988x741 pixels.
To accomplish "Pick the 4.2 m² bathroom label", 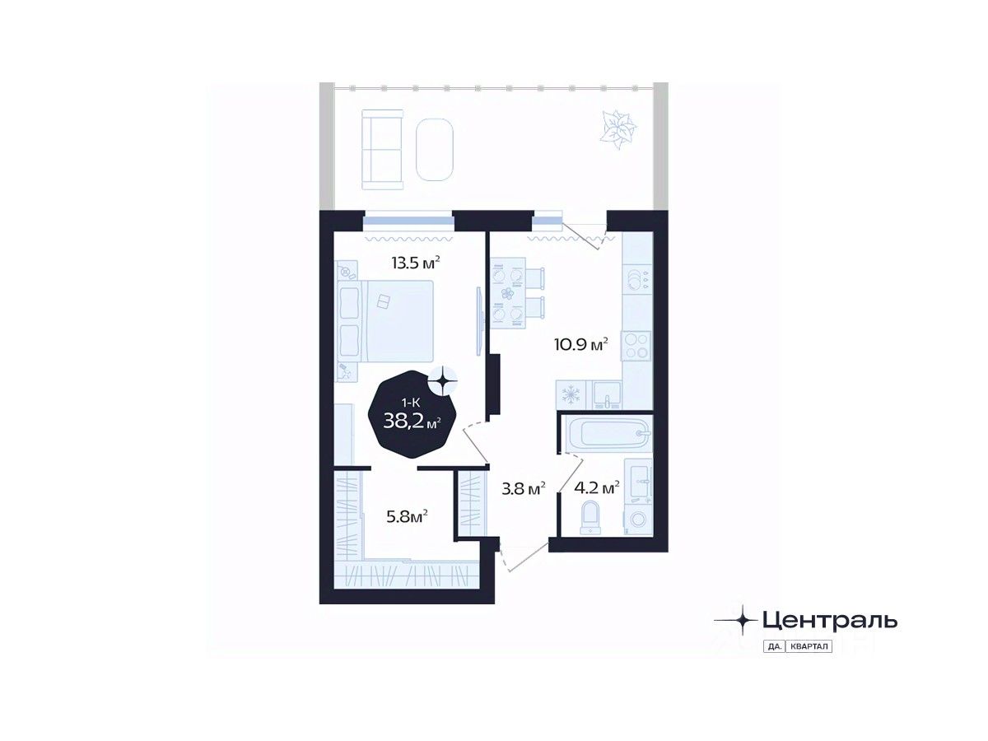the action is coord(598,488).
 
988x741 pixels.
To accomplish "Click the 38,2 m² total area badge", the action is coord(412,418).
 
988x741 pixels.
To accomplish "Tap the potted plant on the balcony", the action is coord(618,129).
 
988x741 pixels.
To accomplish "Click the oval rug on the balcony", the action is coord(436,150).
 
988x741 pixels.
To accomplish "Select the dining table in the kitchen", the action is coord(509,292).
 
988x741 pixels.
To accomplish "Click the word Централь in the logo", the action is coord(829,619).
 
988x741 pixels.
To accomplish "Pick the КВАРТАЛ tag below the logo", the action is coord(810,646).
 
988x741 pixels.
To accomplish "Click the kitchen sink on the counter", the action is coord(608,395).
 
